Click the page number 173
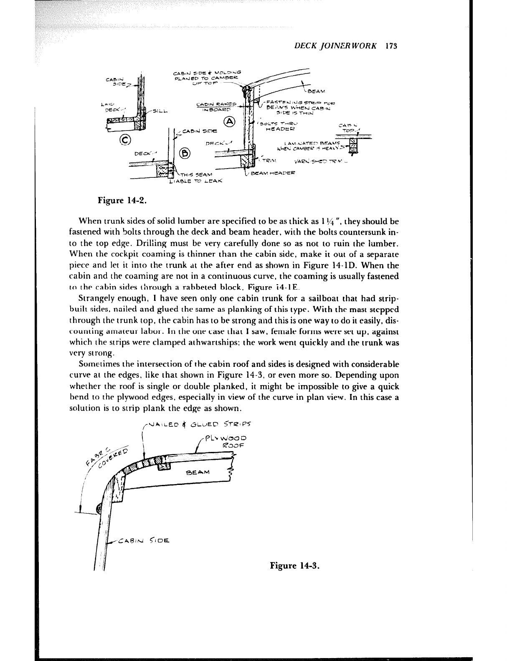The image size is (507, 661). click(x=390, y=46)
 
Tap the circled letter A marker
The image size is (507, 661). click(x=229, y=121)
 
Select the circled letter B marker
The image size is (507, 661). click(x=185, y=152)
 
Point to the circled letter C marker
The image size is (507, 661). click(x=125, y=139)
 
